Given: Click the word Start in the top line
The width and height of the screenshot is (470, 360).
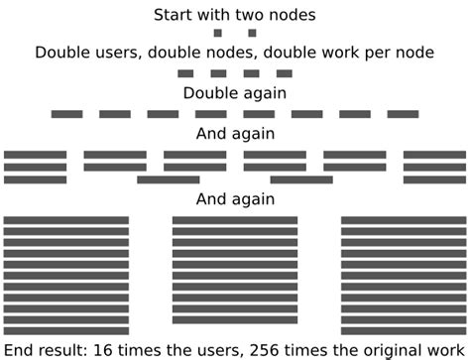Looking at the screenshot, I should pyautogui.click(x=174, y=15).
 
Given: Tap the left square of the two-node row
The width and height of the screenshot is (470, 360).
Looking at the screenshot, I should pyautogui.click(x=218, y=34).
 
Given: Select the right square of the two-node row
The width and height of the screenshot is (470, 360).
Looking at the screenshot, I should pyautogui.click(x=252, y=34).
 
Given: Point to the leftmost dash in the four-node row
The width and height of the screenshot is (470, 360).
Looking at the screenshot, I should pyautogui.click(x=185, y=73).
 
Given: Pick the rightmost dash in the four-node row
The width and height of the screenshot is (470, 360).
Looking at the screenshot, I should pyautogui.click(x=285, y=73).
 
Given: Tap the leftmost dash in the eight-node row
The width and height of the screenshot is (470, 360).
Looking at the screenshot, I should pyautogui.click(x=66, y=114).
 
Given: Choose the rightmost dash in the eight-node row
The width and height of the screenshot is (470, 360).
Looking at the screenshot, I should pyautogui.click(x=403, y=114).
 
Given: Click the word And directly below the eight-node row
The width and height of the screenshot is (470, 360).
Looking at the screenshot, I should pyautogui.click(x=212, y=134).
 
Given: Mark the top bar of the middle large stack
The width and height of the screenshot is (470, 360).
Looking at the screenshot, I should pyautogui.click(x=235, y=219).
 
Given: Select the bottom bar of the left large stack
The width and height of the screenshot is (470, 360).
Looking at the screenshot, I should pyautogui.click(x=66, y=330).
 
